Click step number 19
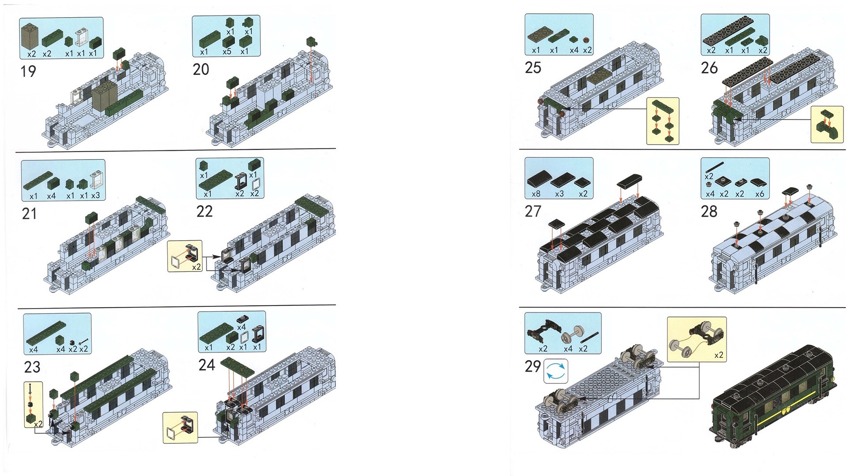[28, 71]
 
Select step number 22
[204, 212]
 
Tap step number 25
[533, 68]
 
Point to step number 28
[709, 212]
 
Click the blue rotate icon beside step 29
[556, 371]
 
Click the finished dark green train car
[775, 394]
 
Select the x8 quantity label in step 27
[536, 194]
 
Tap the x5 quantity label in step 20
[227, 52]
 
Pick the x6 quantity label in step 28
[760, 194]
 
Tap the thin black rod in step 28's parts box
[715, 167]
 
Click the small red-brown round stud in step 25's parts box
[586, 40]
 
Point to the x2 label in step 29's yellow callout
[719, 355]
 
